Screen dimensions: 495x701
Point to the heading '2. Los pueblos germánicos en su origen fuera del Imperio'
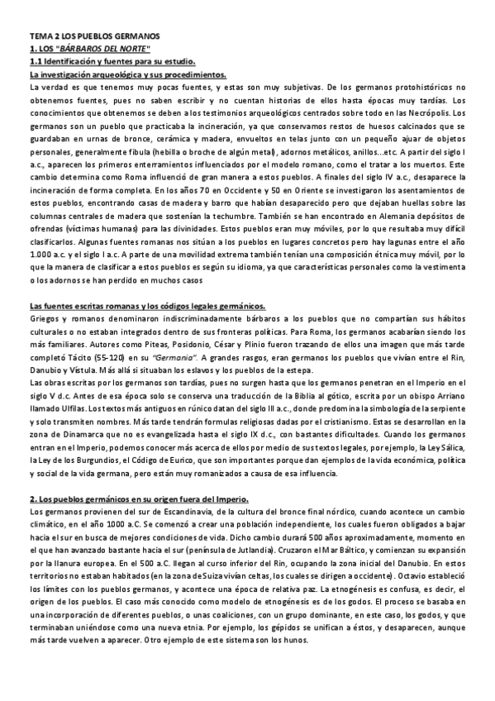tap(145, 499)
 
